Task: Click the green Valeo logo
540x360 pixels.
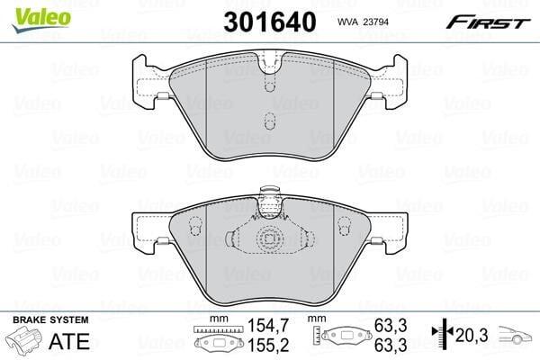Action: tap(41, 19)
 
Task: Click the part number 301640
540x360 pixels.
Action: tap(270, 22)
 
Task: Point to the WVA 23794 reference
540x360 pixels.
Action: tap(363, 22)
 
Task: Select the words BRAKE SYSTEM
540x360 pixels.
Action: tap(50, 319)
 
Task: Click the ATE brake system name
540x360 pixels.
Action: tap(69, 341)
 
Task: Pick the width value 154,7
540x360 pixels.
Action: tap(268, 325)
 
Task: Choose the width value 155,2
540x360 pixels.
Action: tap(268, 345)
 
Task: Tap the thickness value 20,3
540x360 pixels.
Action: tap(472, 335)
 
